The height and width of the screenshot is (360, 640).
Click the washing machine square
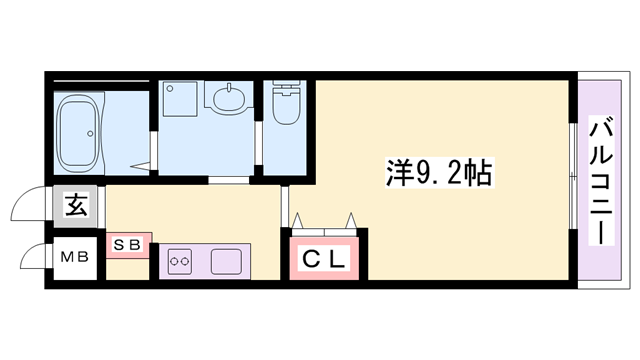point(181,100)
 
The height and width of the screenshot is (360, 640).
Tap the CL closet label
point(325,259)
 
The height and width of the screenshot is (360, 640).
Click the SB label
point(127,244)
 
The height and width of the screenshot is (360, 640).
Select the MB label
point(75,257)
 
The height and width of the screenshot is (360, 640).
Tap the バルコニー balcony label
point(603,180)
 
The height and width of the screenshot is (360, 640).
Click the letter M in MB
point(67,257)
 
